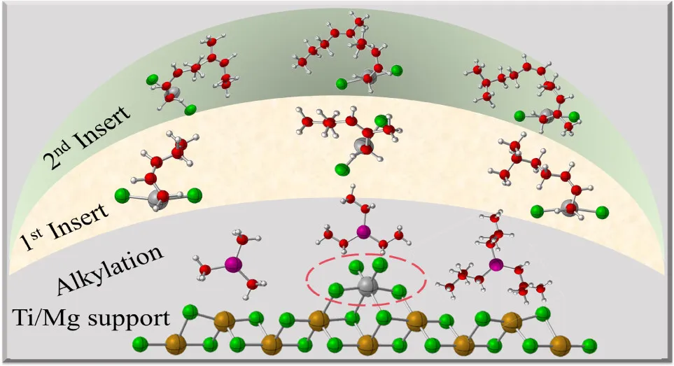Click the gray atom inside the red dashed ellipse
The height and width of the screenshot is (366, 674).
pos(365,286)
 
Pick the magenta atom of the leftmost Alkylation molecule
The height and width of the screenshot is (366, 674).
pos(232,264)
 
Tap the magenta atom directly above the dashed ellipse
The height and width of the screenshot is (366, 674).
pos(363,232)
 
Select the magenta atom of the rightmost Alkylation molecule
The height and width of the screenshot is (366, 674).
pos(496,265)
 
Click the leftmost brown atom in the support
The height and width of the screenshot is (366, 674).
pos(174,344)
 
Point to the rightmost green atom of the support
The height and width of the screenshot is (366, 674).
pos(590,345)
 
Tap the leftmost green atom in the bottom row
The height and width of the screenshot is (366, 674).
pos(140,344)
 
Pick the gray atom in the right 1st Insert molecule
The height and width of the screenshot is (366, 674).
pos(569,207)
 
